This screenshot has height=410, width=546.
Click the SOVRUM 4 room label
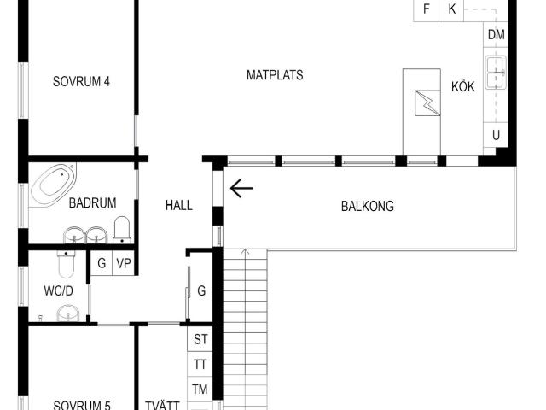[x=81, y=82]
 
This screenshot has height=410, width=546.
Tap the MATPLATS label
[x=275, y=75]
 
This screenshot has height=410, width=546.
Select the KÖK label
[x=462, y=86]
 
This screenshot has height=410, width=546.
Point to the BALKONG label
[x=368, y=206]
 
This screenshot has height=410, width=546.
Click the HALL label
[x=179, y=205]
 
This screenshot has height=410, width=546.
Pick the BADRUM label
[x=93, y=203]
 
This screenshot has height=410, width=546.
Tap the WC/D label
[x=59, y=290]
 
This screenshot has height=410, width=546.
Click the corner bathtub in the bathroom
[x=53, y=185]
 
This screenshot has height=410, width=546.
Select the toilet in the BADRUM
[x=122, y=230]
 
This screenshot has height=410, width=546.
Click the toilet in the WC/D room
[x=66, y=264]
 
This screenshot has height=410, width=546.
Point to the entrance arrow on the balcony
[x=241, y=188]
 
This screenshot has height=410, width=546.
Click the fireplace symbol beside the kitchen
[x=427, y=102]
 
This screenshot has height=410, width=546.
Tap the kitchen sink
[x=496, y=73]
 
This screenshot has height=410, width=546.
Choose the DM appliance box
[x=496, y=35]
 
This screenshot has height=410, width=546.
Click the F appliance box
[x=427, y=9]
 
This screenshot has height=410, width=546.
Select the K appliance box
[x=451, y=9]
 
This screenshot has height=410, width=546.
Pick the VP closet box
[x=124, y=263]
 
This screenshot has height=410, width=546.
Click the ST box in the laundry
[x=200, y=339]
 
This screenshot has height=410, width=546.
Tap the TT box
[x=200, y=364]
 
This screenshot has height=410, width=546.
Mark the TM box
[x=200, y=389]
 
